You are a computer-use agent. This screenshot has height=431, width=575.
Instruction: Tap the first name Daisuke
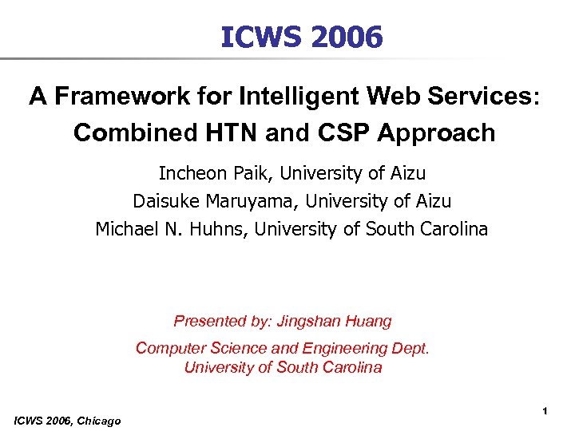point(164,201)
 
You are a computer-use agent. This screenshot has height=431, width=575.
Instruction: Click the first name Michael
point(124,229)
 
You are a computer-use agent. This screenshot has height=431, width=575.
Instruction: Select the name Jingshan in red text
point(309,321)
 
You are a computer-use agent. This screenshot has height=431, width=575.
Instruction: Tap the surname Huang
point(369,321)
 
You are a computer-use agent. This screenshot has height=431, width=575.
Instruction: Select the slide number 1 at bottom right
point(544,410)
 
